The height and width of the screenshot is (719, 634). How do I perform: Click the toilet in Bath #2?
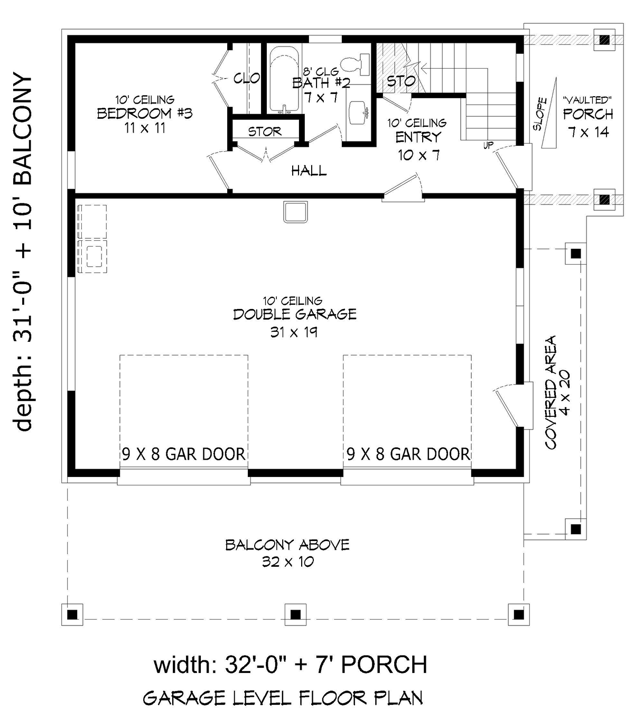click(x=356, y=64)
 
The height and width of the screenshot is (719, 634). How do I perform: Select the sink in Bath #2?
click(x=358, y=113)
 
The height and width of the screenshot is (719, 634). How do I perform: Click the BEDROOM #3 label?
click(x=144, y=114)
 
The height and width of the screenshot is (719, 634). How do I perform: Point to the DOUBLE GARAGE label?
click(x=295, y=314)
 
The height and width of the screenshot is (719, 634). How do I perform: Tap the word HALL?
click(x=309, y=171)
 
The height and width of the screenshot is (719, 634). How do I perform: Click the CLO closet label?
click(x=247, y=78)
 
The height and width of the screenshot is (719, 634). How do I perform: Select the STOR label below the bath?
click(x=265, y=132)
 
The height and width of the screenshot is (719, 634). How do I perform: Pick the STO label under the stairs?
click(x=401, y=81)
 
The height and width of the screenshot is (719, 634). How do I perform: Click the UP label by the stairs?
click(x=488, y=145)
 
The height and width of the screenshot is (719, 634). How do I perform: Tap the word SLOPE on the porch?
click(x=539, y=114)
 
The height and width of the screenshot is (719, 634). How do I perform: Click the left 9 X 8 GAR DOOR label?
click(x=183, y=454)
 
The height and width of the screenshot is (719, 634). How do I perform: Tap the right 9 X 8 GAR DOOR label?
click(x=408, y=454)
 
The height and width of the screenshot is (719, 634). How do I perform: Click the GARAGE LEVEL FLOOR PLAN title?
click(x=283, y=698)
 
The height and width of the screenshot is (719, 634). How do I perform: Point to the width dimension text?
click(x=290, y=665)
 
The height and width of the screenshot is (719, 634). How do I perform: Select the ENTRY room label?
click(x=418, y=137)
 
